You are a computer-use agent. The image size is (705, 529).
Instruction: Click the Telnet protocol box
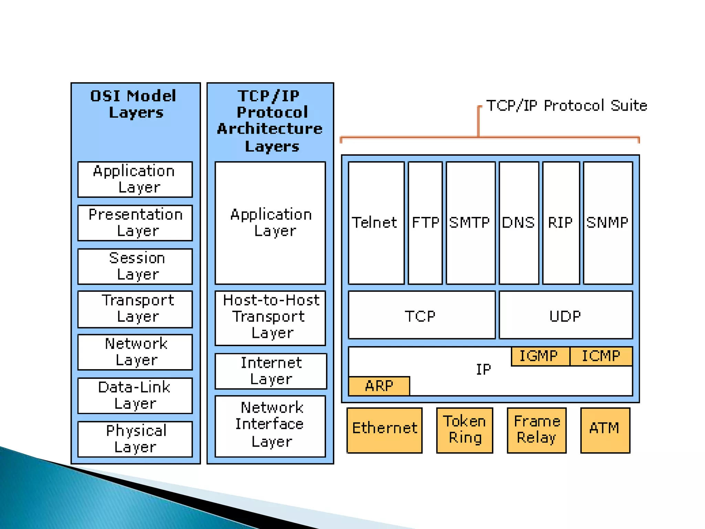tap(376, 223)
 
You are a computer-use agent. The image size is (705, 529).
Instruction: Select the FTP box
tap(425, 223)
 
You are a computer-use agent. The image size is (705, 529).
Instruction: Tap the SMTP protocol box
tap(470, 223)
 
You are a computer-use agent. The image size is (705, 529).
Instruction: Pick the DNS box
tap(519, 223)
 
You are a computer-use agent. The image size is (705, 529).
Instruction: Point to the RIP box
tap(561, 223)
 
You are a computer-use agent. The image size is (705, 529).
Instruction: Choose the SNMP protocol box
tap(608, 223)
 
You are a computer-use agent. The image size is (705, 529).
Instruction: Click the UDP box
tap(566, 315)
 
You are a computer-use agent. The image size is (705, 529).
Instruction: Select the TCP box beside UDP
tap(421, 315)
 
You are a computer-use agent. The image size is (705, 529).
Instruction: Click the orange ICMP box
tap(601, 356)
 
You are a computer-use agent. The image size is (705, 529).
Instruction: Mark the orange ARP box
tap(379, 386)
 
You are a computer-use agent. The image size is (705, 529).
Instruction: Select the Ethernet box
tap(385, 430)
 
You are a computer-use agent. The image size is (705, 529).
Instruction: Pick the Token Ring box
tap(464, 430)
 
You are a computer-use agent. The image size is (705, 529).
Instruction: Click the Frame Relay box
tap(536, 430)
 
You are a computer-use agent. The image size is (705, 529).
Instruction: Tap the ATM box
tap(605, 430)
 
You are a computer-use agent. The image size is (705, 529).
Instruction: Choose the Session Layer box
tap(135, 266)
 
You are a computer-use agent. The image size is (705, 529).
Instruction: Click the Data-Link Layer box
tap(135, 395)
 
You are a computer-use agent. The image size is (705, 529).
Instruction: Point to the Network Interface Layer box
tap(270, 426)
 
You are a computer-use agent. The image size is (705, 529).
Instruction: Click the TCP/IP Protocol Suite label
tap(567, 106)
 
